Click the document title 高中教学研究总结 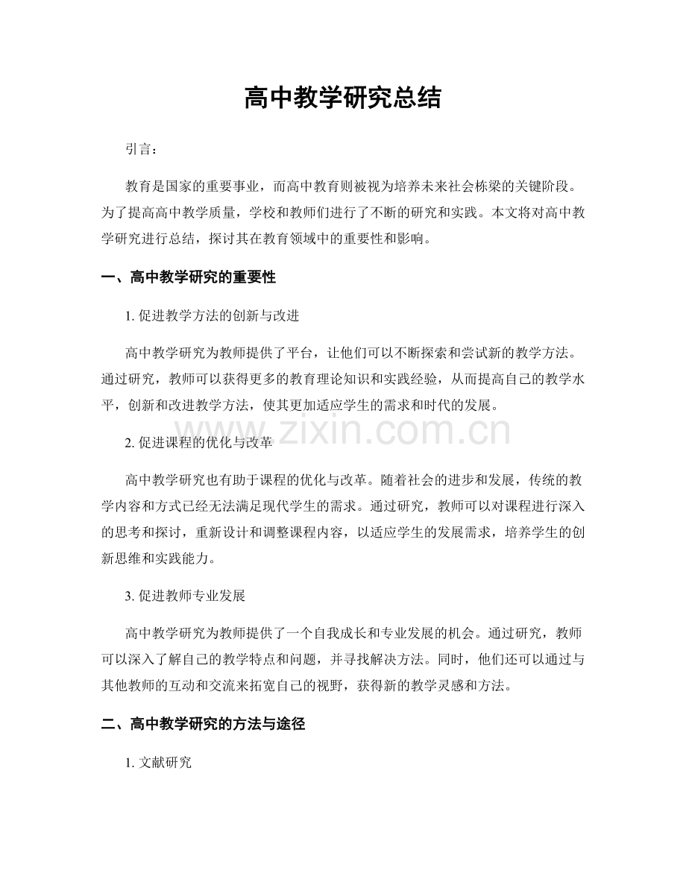pos(342,98)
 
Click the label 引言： pos(142,150)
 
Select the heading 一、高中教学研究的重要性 pos(188,278)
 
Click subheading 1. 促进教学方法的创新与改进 pos(213,316)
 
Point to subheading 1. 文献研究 pos(159,762)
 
